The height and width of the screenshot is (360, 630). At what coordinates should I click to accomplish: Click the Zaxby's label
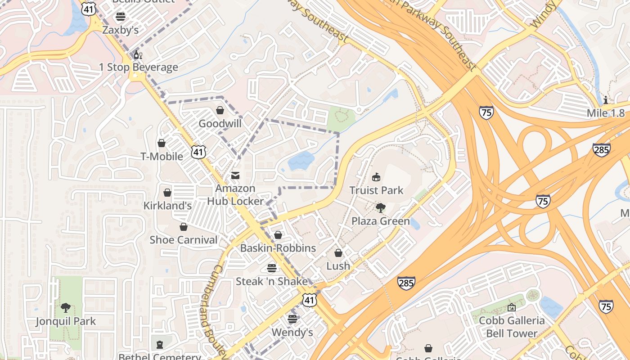pos(120,30)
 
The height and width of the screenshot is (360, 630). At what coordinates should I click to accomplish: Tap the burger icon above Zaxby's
pos(120,17)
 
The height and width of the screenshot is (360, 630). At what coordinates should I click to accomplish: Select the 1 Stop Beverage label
pos(139,67)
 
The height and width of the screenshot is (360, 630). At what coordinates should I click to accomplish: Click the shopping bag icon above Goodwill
pos(220,110)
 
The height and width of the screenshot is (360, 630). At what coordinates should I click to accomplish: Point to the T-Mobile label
pos(162,157)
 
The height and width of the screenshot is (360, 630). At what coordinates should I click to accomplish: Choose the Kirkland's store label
pos(167,206)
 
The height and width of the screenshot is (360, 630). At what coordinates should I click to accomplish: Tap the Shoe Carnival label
pos(184,240)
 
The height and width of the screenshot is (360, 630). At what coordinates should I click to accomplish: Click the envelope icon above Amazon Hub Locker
pos(235,175)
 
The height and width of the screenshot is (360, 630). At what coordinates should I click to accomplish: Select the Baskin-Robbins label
pos(278,248)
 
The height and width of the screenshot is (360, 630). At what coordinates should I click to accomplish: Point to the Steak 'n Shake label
pos(272,282)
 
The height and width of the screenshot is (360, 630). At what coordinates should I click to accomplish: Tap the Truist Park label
pos(377,190)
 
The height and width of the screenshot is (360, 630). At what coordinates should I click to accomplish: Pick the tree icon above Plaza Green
pos(381,208)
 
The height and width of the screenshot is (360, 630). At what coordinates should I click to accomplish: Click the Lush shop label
pos(338,266)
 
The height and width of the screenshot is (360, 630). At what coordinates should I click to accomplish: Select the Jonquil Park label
pos(66,321)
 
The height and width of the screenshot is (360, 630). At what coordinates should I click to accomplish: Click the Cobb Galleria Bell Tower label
pos(512,327)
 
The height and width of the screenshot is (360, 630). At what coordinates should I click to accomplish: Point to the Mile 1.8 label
pos(606,113)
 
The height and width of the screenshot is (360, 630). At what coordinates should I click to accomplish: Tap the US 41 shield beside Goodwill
pos(198,152)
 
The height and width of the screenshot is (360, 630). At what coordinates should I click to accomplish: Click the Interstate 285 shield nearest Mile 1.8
pos(602,149)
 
